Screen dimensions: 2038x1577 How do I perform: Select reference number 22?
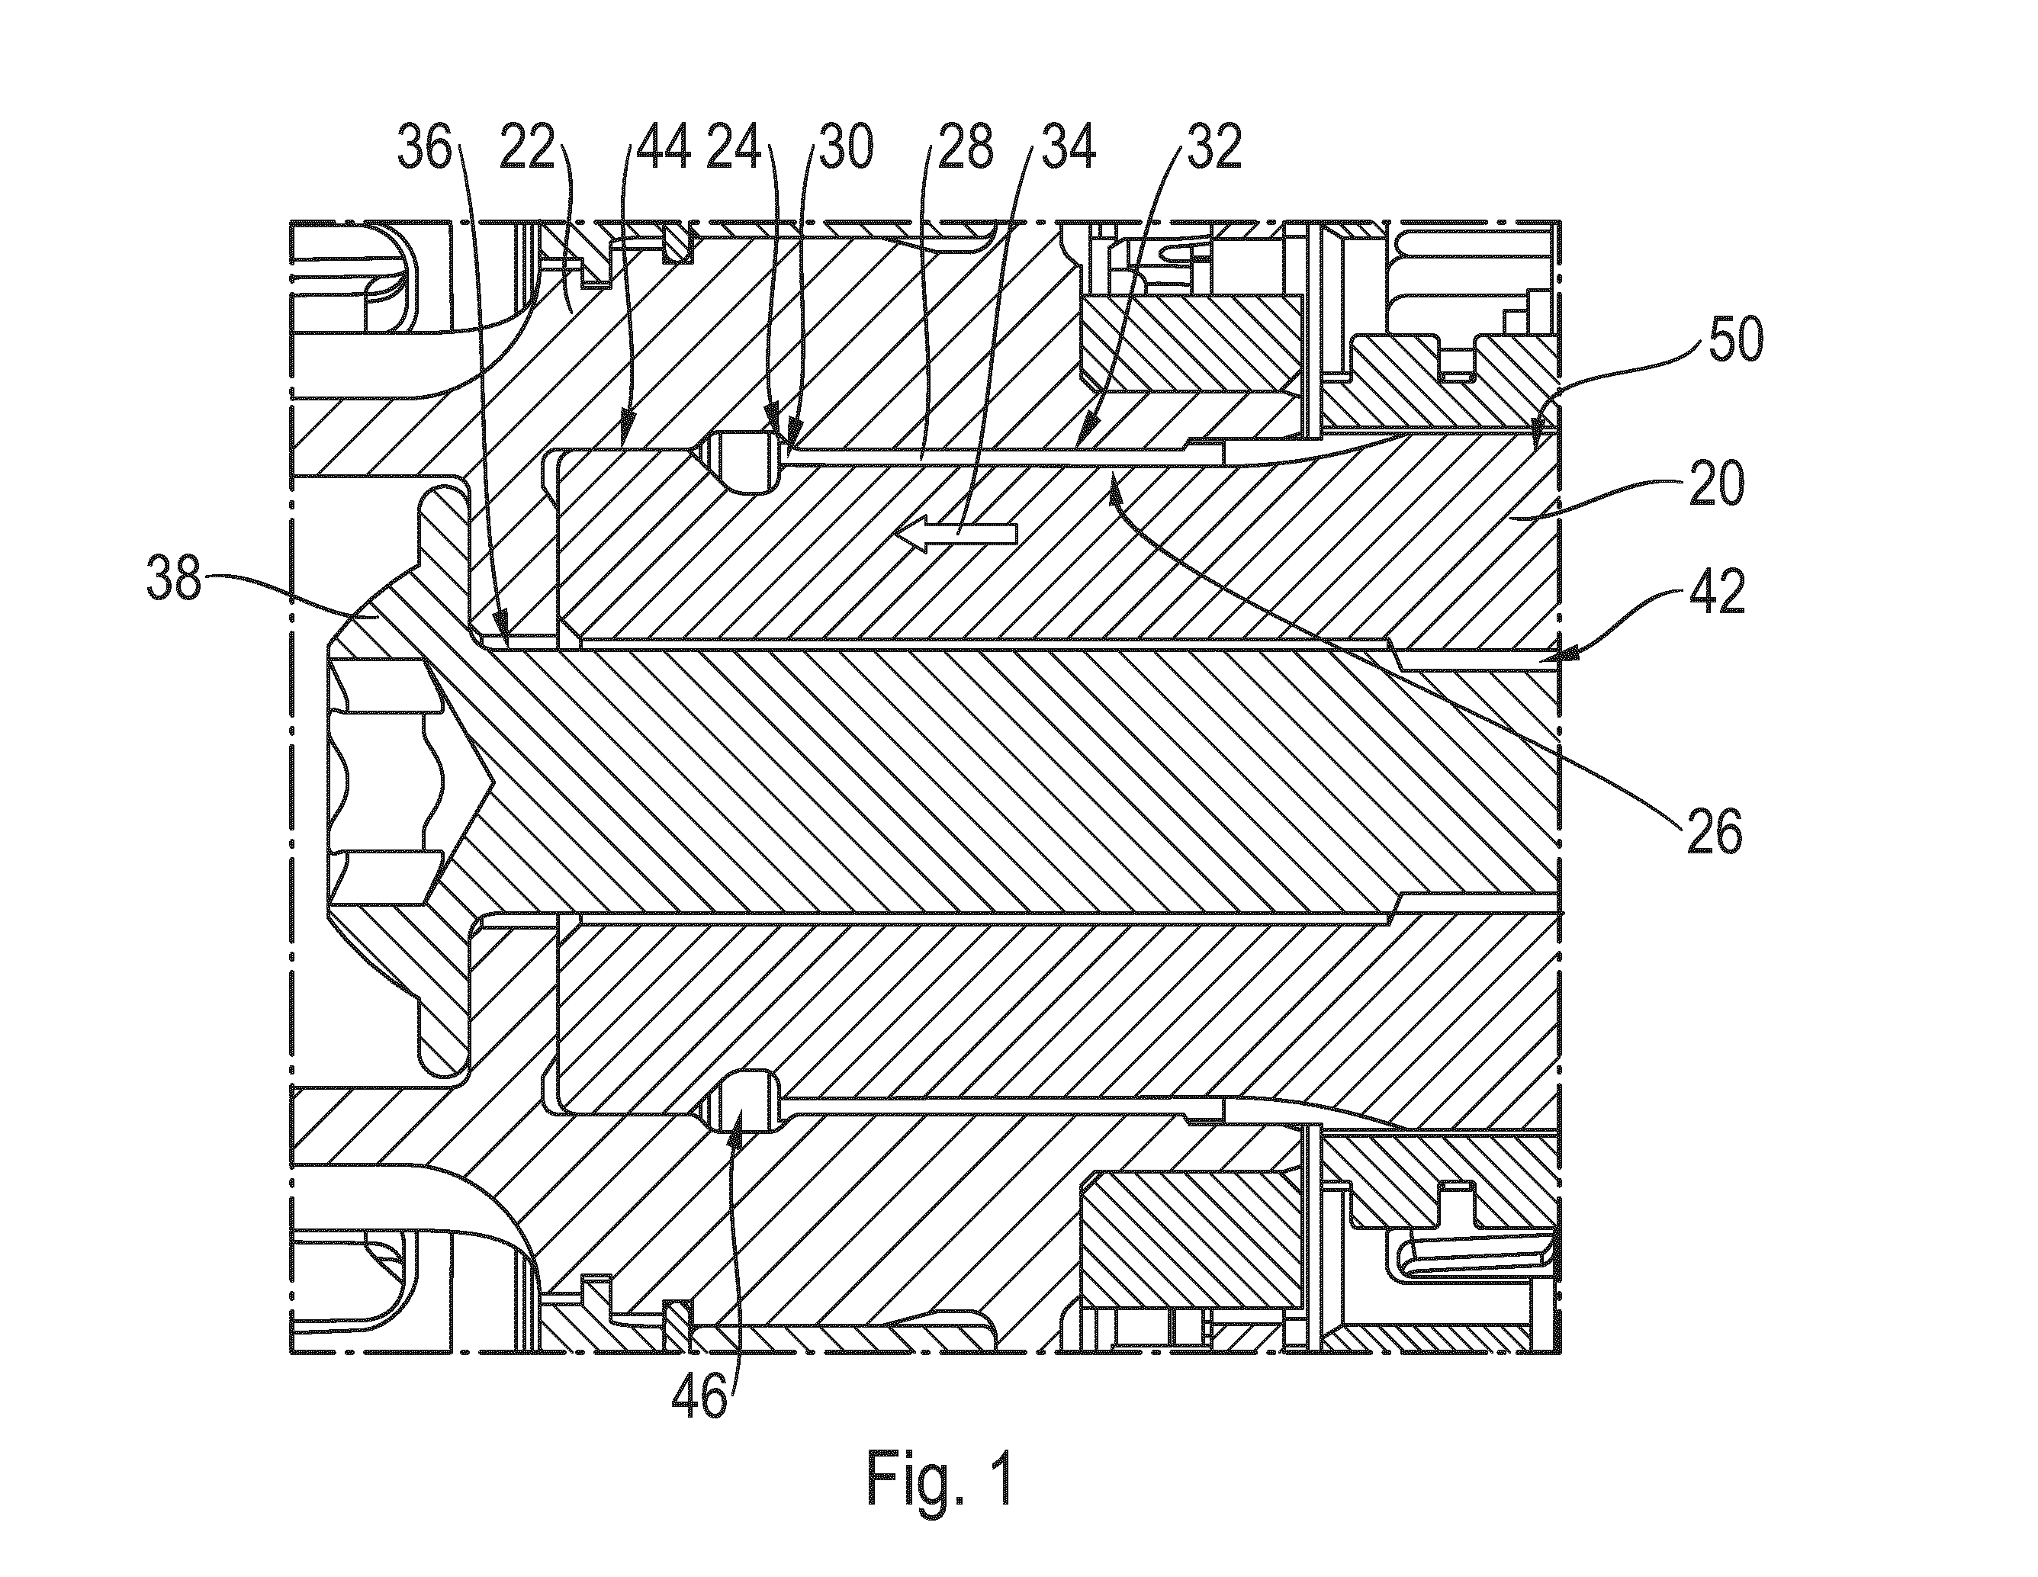click(527, 149)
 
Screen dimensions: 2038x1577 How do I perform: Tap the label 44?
click(663, 149)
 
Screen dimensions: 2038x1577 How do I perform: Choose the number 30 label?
click(844, 149)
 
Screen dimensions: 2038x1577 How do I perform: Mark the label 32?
click(1213, 149)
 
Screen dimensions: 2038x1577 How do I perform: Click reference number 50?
click(1736, 342)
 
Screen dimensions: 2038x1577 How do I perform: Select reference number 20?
click(1717, 487)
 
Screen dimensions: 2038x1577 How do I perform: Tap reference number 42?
click(1717, 594)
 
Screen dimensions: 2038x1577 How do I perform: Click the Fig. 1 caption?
click(940, 1479)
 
